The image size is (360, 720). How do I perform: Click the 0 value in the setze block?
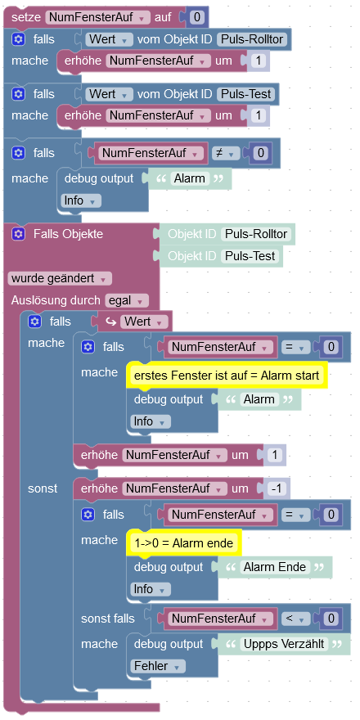(x=197, y=17)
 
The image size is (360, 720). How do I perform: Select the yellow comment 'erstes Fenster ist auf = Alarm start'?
(x=227, y=376)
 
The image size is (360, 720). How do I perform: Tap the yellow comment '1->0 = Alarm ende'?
(x=183, y=543)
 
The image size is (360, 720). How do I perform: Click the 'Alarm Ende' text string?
(x=275, y=567)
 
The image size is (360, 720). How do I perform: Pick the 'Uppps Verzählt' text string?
(x=284, y=644)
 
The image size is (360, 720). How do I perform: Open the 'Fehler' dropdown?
(x=158, y=666)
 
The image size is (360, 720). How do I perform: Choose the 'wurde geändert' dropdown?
(x=60, y=279)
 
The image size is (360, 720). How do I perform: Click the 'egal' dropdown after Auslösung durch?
(x=127, y=301)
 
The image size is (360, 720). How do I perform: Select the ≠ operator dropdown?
(x=225, y=153)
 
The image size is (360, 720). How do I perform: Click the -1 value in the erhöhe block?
(x=276, y=489)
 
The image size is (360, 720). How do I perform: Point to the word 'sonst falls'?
(x=107, y=619)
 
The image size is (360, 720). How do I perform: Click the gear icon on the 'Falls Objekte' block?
(x=18, y=234)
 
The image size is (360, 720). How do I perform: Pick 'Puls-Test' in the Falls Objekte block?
(x=250, y=256)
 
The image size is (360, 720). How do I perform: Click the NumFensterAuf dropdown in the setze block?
(x=98, y=17)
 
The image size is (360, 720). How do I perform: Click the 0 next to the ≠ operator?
(x=261, y=153)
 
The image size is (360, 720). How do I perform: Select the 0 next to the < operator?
(x=331, y=619)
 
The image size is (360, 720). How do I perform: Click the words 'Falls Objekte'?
(x=68, y=234)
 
